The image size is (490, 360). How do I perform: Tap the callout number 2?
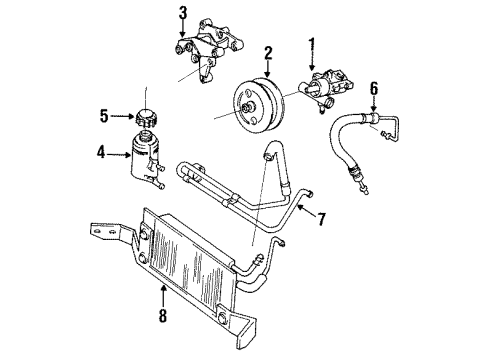[267, 52]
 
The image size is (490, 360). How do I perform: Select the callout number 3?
[183, 13]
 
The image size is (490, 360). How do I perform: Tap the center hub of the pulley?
[247, 106]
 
